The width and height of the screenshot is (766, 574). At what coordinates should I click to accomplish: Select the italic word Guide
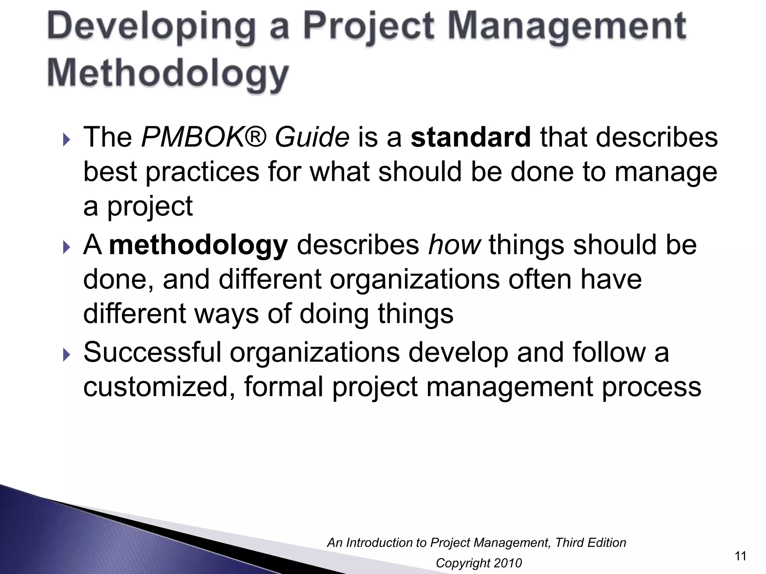[312, 138]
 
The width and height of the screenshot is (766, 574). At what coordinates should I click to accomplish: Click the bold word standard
[471, 138]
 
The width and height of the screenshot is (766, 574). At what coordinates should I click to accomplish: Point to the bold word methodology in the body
[199, 246]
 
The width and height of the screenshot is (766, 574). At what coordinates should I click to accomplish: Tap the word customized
[159, 387]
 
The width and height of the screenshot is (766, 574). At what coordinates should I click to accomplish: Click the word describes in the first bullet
[657, 138]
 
